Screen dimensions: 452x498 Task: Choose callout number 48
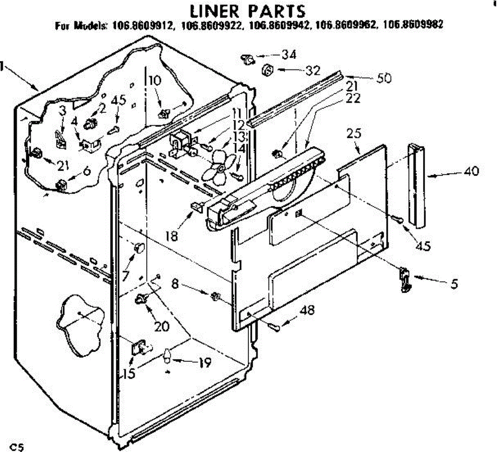point(308,310)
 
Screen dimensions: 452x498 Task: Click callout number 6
point(87,170)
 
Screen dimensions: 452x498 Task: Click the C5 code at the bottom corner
point(18,447)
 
